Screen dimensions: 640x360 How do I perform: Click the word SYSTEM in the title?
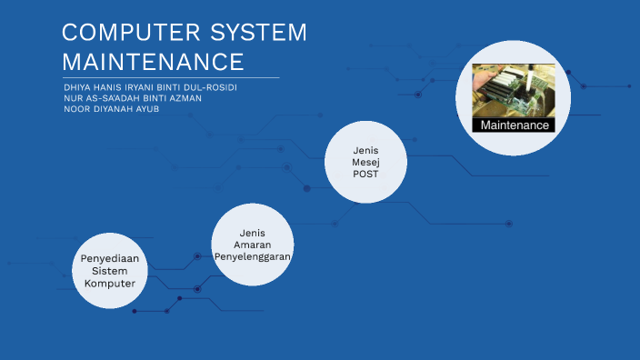pos(259,34)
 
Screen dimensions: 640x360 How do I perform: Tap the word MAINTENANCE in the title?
pos(153,63)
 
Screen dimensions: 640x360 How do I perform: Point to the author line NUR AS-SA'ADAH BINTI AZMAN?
pos(133,97)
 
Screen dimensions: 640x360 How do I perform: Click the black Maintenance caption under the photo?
pos(515,125)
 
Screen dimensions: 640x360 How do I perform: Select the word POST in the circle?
pos(365,174)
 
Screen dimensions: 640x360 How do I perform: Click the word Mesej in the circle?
pos(365,162)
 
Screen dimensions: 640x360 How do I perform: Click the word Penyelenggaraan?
pos(258,256)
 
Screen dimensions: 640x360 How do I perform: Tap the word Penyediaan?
pos(110,259)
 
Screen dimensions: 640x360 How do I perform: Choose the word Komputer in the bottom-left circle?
pos(110,283)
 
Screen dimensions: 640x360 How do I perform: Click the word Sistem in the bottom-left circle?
pos(110,271)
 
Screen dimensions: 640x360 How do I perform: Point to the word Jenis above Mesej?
pos(365,150)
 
